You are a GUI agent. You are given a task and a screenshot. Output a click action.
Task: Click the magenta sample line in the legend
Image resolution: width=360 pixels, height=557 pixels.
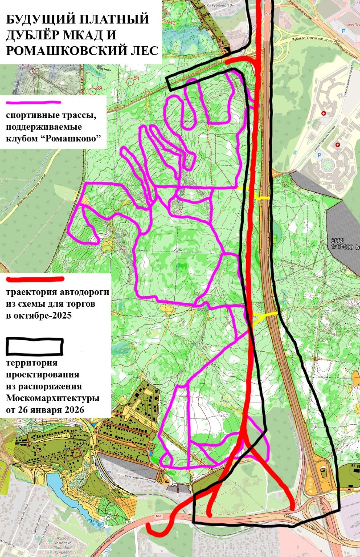(33, 103)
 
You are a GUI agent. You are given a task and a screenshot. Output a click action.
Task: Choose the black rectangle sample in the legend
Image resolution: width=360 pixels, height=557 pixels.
(35, 346)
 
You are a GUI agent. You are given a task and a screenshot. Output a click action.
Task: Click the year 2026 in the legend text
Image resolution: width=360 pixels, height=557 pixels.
(74, 410)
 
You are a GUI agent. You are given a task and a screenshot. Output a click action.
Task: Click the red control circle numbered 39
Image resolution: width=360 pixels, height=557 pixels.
(92, 91)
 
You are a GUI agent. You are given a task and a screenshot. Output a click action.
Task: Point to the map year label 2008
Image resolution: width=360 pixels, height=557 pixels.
(338, 240)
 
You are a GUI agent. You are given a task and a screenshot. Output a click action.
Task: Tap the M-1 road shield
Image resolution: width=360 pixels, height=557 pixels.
(158, 517)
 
